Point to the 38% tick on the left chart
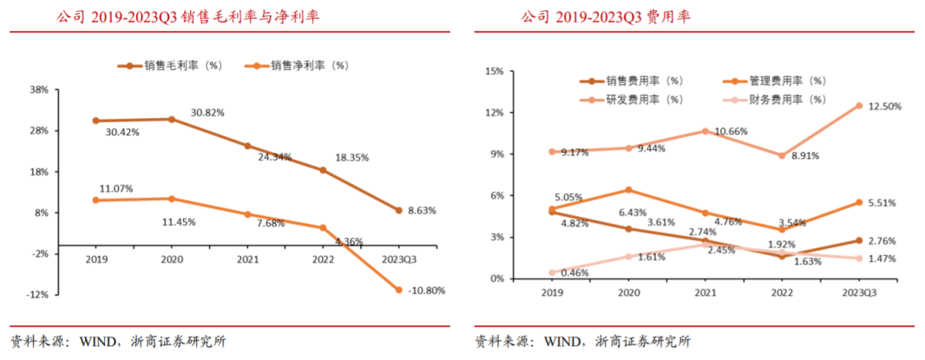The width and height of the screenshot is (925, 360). [39, 89]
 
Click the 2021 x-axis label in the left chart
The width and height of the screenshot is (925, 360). [248, 258]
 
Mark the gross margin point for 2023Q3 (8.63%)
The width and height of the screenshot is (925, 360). [399, 210]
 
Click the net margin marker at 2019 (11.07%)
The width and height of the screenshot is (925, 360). [95, 200]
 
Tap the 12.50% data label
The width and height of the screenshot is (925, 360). [884, 106]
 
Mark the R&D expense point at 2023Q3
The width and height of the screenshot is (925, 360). [859, 106]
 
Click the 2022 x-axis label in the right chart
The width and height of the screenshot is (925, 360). [780, 292]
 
